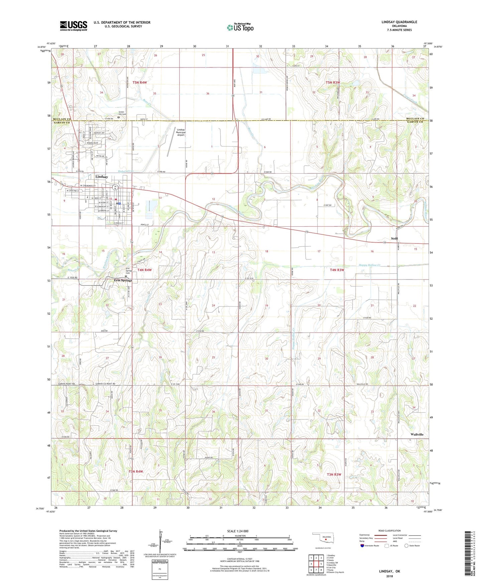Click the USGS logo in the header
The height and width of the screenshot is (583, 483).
pos(74,25)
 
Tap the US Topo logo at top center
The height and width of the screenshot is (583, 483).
pos(240,27)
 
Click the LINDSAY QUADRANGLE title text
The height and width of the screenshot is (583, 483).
pos(399,22)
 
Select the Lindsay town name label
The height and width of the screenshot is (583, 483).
pos(102,177)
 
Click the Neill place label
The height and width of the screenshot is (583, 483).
pos(394,238)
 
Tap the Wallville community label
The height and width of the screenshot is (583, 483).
pos(417,434)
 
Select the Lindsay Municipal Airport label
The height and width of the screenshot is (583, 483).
pos(181,132)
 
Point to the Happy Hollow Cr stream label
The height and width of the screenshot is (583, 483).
pos(369,265)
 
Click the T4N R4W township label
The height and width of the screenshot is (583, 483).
pos(144,270)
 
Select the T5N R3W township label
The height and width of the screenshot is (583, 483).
pos(333,82)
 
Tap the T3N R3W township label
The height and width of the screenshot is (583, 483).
pos(334,474)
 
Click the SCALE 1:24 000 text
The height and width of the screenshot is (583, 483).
pos(238,531)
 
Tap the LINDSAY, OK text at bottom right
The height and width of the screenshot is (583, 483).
pos(389,571)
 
